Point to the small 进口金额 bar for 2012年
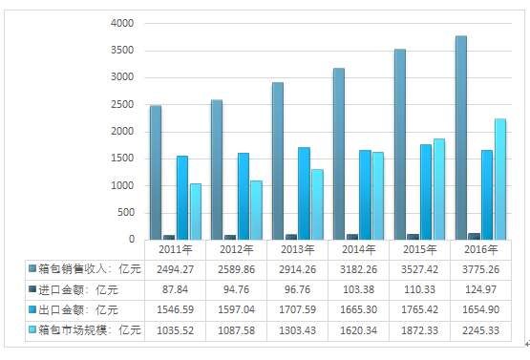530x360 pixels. click(x=229, y=236)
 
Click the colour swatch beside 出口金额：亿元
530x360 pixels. click(x=32, y=309)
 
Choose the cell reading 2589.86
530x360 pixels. click(x=237, y=268)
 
